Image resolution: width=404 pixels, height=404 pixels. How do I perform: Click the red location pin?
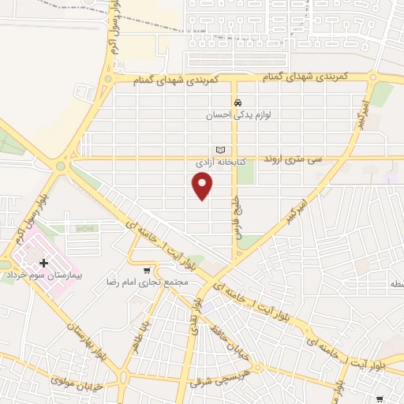(x=203, y=186)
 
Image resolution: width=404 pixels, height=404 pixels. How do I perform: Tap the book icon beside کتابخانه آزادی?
(x=220, y=149)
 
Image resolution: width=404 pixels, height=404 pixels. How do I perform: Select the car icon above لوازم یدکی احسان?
(x=236, y=103)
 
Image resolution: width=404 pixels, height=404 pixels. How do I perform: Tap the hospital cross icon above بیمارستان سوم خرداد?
(x=43, y=262)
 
